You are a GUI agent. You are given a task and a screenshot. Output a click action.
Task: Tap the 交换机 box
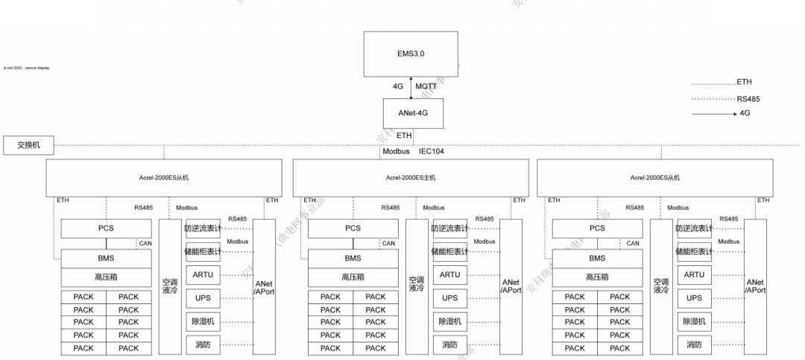27,145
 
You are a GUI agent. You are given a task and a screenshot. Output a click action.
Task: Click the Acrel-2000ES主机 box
411,177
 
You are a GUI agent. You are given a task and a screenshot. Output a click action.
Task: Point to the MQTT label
426,86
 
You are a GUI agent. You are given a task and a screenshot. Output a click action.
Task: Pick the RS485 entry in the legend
748,98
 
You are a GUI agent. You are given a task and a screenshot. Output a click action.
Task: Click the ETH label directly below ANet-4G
405,135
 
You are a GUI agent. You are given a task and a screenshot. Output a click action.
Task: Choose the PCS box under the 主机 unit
353,229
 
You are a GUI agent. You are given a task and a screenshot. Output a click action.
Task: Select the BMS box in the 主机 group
353,258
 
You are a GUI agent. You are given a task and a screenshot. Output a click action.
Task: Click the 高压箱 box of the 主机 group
353,277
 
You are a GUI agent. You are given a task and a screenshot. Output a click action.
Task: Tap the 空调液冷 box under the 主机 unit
416,285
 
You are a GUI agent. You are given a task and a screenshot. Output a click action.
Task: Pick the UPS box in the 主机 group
449,298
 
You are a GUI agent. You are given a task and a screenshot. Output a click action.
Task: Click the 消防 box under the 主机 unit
449,344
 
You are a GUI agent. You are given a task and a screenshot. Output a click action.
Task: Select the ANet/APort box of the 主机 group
511,286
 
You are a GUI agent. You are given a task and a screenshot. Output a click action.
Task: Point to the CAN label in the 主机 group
388,243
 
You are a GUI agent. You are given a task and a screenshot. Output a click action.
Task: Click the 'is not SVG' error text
26,68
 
